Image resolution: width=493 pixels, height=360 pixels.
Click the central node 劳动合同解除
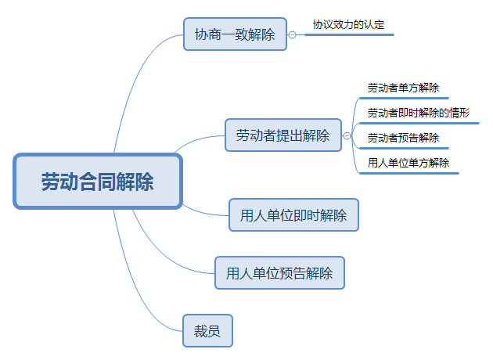pos(98,182)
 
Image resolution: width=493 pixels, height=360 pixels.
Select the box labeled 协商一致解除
pos(235,34)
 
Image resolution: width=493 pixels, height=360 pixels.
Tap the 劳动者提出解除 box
pos(282,135)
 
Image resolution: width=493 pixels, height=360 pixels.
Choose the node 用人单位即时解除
pos(293,215)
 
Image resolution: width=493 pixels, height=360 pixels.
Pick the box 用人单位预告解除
pos(279,273)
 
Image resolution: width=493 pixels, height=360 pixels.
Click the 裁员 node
pos(207,330)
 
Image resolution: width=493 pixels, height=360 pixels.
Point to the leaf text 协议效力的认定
pos(348,24)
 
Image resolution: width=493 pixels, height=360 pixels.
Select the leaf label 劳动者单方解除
pos(403,88)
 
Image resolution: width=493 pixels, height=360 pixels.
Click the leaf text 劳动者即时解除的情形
pos(419,113)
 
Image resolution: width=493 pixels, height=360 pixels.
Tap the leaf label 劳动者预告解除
pos(403,138)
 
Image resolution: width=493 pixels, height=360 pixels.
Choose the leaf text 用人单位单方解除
pos(408,163)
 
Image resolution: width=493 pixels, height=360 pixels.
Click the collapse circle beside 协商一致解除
pos(293,35)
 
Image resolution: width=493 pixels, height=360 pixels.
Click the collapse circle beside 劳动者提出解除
pos(346,135)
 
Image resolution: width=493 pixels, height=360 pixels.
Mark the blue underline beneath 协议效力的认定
pos(348,34)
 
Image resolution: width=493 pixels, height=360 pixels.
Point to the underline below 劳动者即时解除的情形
pos(419,123)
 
